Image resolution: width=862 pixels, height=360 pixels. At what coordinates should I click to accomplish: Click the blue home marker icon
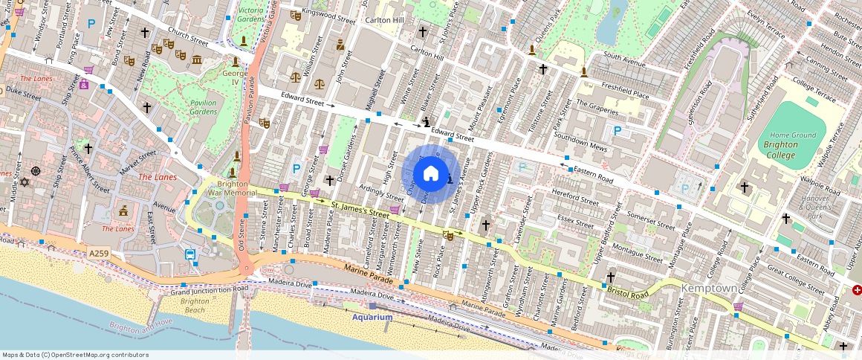click(430, 174)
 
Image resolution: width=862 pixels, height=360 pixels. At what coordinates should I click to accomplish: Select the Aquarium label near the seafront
click(372, 317)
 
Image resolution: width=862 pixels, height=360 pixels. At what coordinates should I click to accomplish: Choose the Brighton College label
click(781, 150)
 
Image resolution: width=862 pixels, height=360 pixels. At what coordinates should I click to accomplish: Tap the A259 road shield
click(100, 253)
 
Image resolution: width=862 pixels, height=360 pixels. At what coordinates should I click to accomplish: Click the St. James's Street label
click(360, 209)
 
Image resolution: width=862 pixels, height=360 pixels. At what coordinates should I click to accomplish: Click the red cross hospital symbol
click(858, 289)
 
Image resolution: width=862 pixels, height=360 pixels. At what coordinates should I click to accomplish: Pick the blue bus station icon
click(191, 255)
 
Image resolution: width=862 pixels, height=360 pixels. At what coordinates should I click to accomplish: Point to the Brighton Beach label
click(195, 305)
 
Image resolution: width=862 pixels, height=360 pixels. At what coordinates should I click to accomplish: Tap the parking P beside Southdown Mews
click(616, 132)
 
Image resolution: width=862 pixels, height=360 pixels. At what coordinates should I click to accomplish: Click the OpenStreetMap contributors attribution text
click(74, 355)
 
